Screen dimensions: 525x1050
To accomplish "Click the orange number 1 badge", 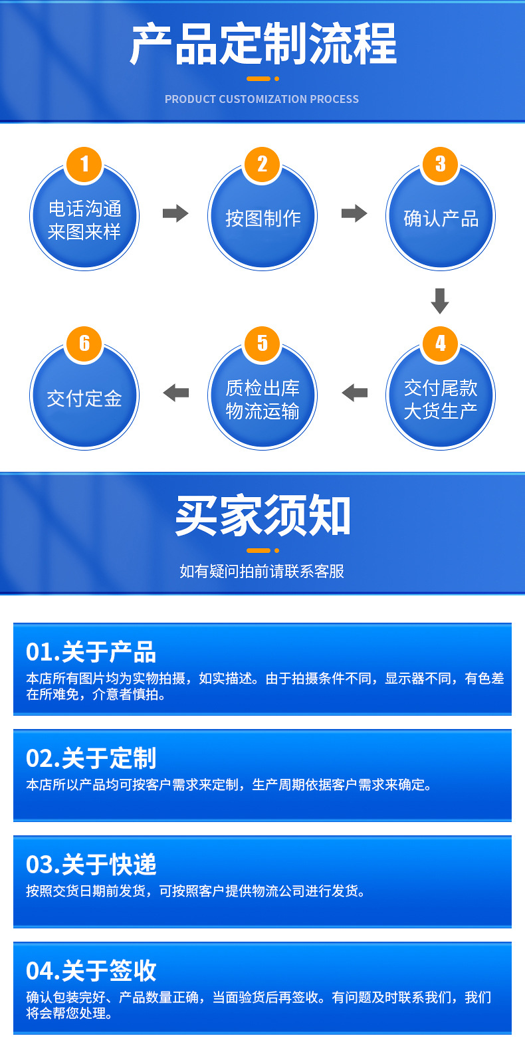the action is (x=84, y=164).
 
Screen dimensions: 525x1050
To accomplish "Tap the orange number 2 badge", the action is (x=262, y=164).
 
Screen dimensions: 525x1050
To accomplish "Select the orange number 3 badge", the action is (x=441, y=164).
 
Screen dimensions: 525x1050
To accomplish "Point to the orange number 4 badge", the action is (x=441, y=344).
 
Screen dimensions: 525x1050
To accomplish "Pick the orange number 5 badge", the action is (x=262, y=344).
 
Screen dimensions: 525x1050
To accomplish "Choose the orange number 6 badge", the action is (x=84, y=344).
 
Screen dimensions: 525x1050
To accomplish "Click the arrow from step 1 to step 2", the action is (x=175, y=213).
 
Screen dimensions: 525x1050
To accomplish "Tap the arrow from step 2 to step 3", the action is (x=354, y=213).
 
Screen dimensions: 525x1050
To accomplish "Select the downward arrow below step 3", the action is (x=440, y=300).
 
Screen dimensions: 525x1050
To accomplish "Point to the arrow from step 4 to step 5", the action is (x=354, y=393).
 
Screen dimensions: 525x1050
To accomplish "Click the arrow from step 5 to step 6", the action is (x=175, y=393).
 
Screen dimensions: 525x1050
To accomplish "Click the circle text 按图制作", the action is (x=262, y=218).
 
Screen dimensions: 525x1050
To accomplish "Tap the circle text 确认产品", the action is (x=441, y=218).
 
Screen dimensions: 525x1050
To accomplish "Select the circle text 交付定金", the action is (x=84, y=398).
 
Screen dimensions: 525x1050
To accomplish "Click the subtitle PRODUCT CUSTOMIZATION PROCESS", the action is (x=262, y=99).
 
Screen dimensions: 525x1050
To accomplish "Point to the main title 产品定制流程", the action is (x=263, y=45).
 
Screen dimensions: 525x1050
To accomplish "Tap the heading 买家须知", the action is (x=262, y=516).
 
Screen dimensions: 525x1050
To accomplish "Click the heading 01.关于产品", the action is (x=91, y=652).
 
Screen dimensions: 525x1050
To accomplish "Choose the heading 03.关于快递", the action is (x=91, y=865).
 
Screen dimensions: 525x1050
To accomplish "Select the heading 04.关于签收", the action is (x=91, y=971).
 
